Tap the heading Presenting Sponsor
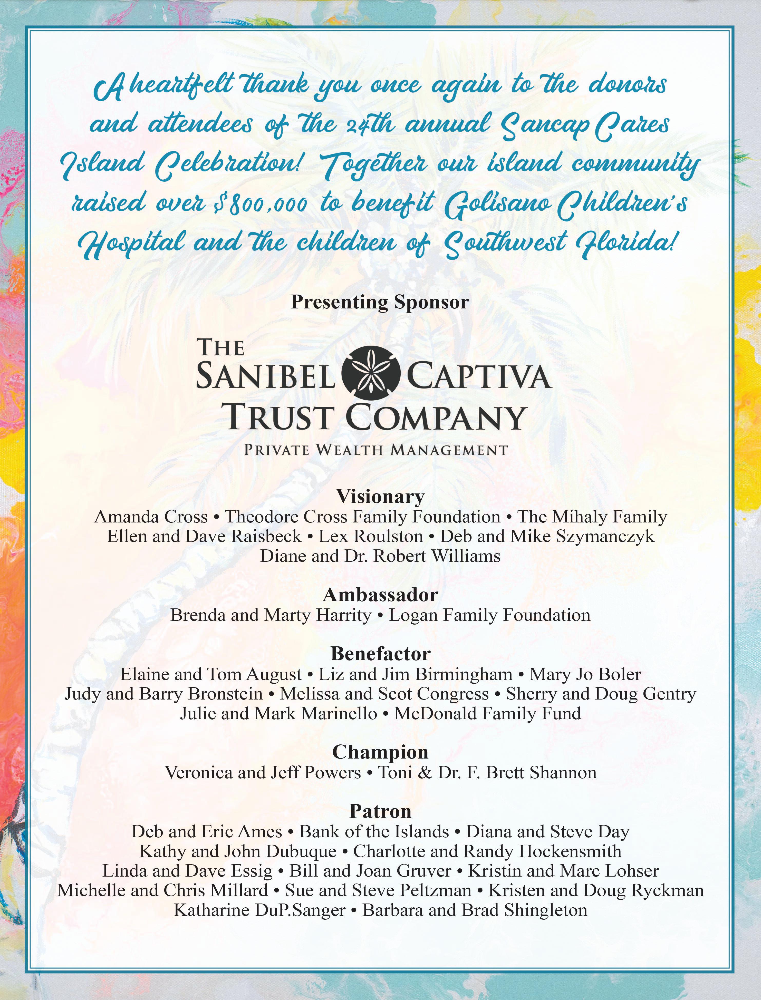coord(380,302)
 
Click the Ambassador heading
coord(380,595)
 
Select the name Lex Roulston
coord(371,536)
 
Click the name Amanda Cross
coord(151,517)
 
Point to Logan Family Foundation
coord(490,615)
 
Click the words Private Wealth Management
coord(375,450)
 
